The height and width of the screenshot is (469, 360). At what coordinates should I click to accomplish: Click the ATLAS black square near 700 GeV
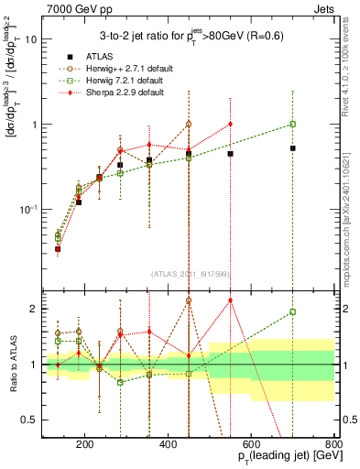click(x=292, y=147)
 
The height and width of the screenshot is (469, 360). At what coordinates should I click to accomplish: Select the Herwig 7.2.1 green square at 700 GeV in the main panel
click(x=292, y=124)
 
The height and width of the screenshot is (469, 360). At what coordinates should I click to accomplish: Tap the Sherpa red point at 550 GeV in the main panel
click(x=230, y=124)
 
